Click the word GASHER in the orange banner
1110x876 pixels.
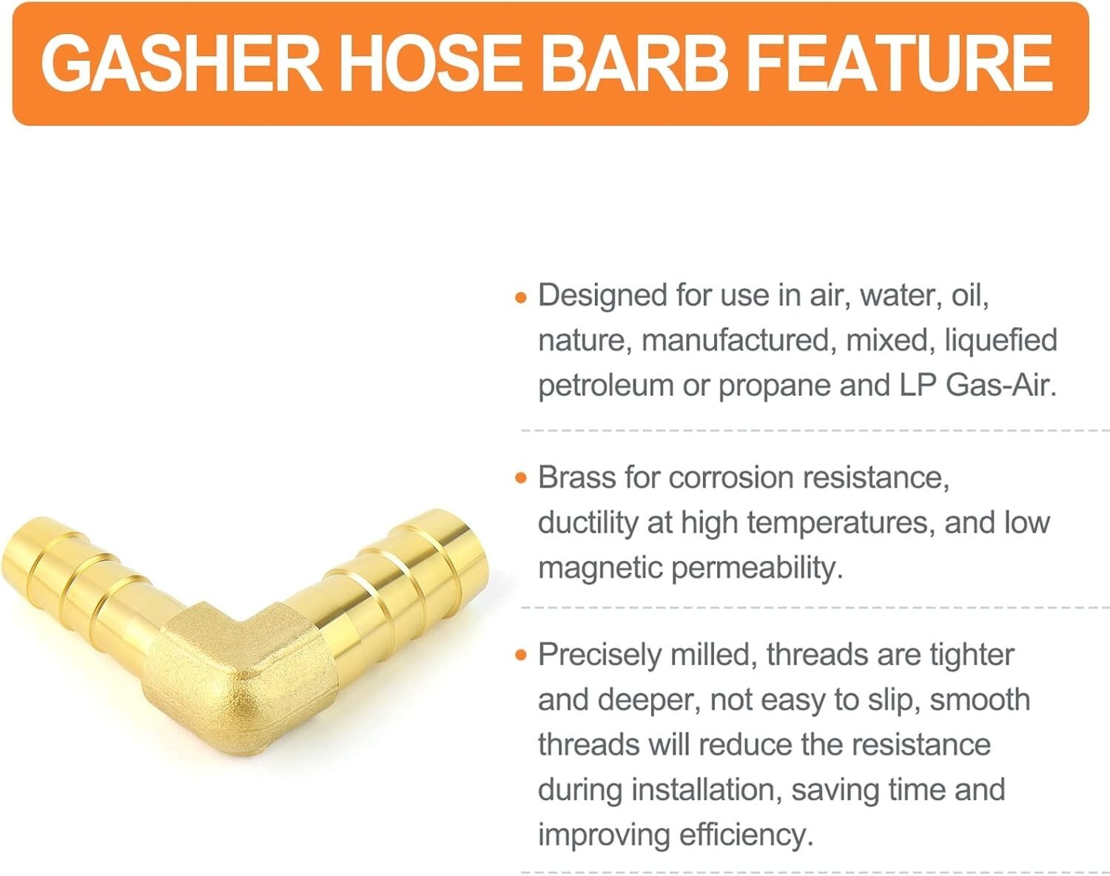pos(181,64)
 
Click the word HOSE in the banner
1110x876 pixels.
pos(431,64)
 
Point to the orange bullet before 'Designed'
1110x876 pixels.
pos(521,297)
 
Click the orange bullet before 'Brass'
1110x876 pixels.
pos(521,478)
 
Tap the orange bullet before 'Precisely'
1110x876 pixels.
pos(521,656)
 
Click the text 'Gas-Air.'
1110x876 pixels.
pos(1002,385)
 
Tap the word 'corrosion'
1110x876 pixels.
pos(731,478)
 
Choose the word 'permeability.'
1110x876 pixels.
pos(757,569)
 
